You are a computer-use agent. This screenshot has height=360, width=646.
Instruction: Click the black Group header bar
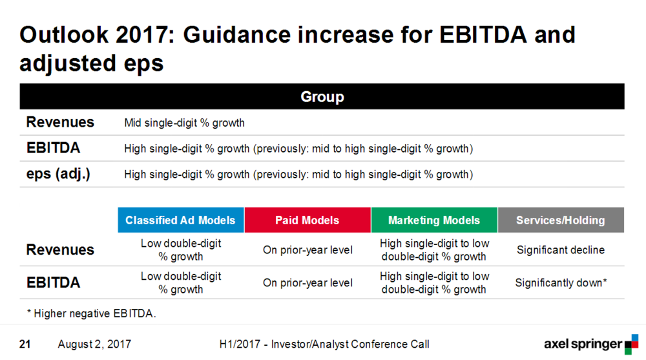click(322, 96)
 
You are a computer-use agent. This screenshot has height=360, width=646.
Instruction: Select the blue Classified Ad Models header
click(181, 220)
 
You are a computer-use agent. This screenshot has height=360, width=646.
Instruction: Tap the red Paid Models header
click(307, 220)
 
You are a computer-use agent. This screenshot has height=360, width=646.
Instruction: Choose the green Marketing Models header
click(434, 220)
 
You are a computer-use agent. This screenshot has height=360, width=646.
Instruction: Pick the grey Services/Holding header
click(561, 220)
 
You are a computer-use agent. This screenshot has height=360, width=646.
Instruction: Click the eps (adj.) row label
click(58, 174)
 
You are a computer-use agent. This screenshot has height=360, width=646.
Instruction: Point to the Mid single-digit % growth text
click(184, 123)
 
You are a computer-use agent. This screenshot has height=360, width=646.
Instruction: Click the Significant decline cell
click(561, 250)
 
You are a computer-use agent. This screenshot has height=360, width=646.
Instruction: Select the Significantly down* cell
click(561, 283)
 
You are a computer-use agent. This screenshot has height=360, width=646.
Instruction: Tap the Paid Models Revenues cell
click(307, 250)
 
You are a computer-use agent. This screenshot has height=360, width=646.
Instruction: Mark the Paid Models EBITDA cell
click(307, 283)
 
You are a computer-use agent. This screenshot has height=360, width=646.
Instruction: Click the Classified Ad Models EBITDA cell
click(181, 283)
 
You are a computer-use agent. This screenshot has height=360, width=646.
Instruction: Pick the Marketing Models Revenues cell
click(434, 250)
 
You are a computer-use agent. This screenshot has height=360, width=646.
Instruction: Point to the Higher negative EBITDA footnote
click(92, 313)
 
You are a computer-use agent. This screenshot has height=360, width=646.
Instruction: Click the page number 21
click(25, 344)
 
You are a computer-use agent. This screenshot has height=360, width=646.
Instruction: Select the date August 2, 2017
click(94, 344)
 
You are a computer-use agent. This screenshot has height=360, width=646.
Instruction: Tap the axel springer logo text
click(583, 344)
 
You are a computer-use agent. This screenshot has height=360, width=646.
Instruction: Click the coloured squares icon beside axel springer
click(632, 344)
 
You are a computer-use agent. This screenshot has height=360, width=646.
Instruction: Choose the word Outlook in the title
click(64, 35)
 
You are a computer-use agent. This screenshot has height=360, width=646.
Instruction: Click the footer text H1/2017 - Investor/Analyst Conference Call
click(324, 344)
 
